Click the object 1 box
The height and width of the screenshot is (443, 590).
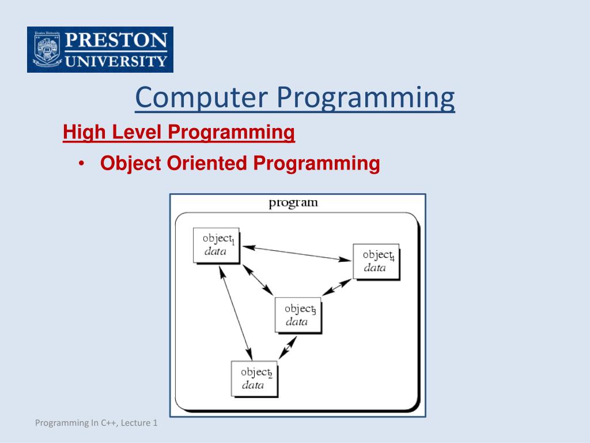(217, 245)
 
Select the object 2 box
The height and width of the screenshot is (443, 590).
(254, 379)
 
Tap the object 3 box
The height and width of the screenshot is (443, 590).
(298, 316)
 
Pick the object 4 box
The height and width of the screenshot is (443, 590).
(376, 262)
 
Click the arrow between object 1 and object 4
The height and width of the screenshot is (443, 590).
(297, 253)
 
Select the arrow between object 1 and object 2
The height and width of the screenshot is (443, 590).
(236, 313)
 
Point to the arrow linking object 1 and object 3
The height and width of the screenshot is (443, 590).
(258, 280)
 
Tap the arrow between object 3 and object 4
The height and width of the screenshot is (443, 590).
(336, 287)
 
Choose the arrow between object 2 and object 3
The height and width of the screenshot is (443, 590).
(288, 347)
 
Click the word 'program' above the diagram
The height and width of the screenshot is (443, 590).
(293, 203)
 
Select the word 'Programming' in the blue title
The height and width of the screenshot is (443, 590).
(366, 98)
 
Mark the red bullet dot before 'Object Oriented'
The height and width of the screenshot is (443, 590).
(81, 163)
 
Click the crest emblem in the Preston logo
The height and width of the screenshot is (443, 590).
(47, 50)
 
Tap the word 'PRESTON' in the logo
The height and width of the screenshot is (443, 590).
(116, 40)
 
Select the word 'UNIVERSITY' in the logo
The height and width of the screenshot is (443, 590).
(116, 61)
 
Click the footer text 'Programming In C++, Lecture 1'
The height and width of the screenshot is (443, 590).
(96, 423)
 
